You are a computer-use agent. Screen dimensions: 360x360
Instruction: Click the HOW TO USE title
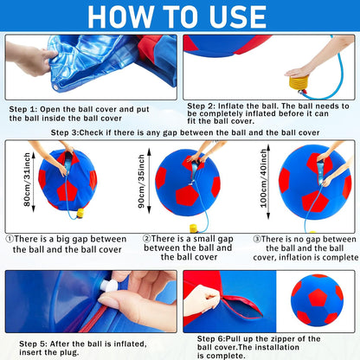point(180,16)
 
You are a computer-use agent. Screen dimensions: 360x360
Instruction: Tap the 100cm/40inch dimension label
point(263,186)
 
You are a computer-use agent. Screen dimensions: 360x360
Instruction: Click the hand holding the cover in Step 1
point(35,60)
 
